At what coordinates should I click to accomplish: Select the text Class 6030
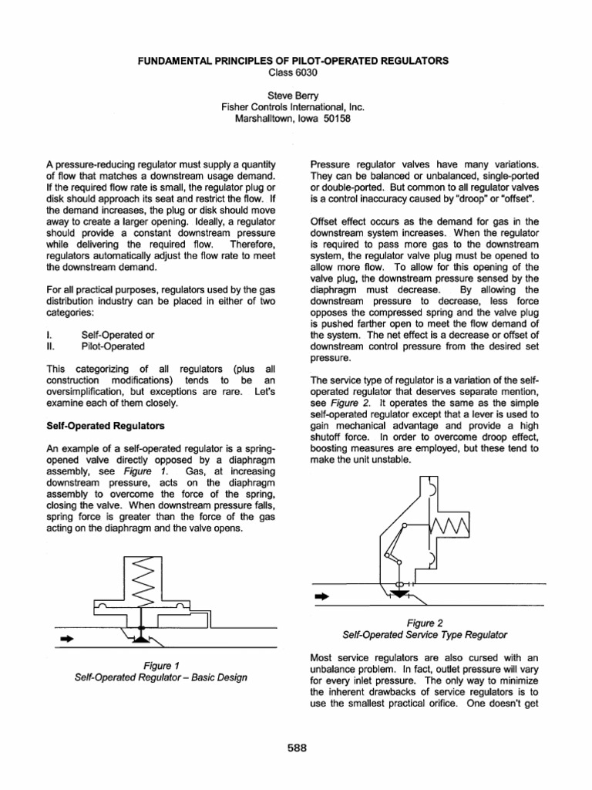(296, 72)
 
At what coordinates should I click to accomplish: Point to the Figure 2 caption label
(425, 621)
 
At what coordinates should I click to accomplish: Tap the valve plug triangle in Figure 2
(399, 594)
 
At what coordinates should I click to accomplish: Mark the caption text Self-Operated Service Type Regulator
(425, 634)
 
